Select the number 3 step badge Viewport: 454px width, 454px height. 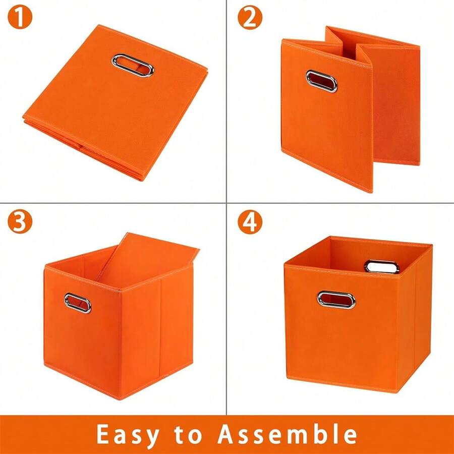coord(19,222)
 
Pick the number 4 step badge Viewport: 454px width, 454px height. coord(250,222)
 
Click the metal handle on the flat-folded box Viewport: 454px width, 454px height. coord(133,65)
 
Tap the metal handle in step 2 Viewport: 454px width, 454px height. coord(321,80)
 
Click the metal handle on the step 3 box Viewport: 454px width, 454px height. coord(78,303)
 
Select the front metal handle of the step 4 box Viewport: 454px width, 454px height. coord(336,299)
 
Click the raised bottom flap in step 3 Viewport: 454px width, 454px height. coord(151,260)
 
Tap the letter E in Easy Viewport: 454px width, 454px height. coord(104,434)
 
